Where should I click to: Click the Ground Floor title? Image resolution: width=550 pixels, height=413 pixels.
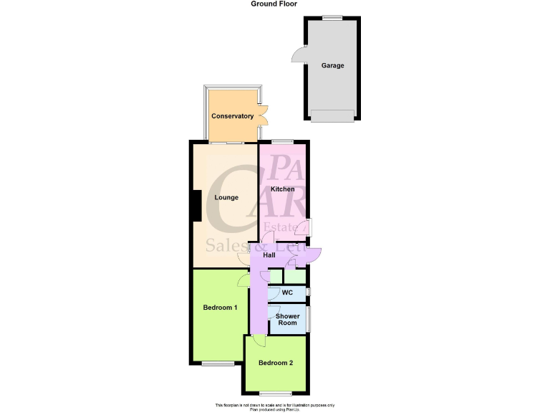[x=274, y=4]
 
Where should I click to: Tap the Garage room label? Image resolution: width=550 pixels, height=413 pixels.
[x=332, y=65]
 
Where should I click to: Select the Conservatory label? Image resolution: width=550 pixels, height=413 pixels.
[x=233, y=116]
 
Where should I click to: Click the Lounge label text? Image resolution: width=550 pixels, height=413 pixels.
[x=226, y=197]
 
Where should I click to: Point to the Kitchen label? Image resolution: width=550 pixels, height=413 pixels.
[x=282, y=189]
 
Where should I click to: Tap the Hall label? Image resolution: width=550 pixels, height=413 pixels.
[x=269, y=255]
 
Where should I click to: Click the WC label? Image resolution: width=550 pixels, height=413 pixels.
[x=287, y=293]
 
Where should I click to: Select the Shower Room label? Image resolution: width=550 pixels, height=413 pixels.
[x=287, y=320]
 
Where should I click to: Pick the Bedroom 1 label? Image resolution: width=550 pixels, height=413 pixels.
[x=220, y=308]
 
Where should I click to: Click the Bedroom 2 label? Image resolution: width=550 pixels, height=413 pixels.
[x=276, y=363]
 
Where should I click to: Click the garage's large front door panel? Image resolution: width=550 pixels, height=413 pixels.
[x=332, y=115]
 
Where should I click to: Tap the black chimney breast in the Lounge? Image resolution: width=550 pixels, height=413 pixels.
[x=195, y=206]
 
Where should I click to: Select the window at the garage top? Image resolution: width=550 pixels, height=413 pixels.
[x=332, y=17]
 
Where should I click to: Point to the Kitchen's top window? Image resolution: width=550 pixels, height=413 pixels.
[x=281, y=141]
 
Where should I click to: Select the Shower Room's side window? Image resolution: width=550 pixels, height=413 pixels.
[x=309, y=319]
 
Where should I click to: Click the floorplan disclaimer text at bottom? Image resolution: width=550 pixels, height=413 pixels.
[x=275, y=406]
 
